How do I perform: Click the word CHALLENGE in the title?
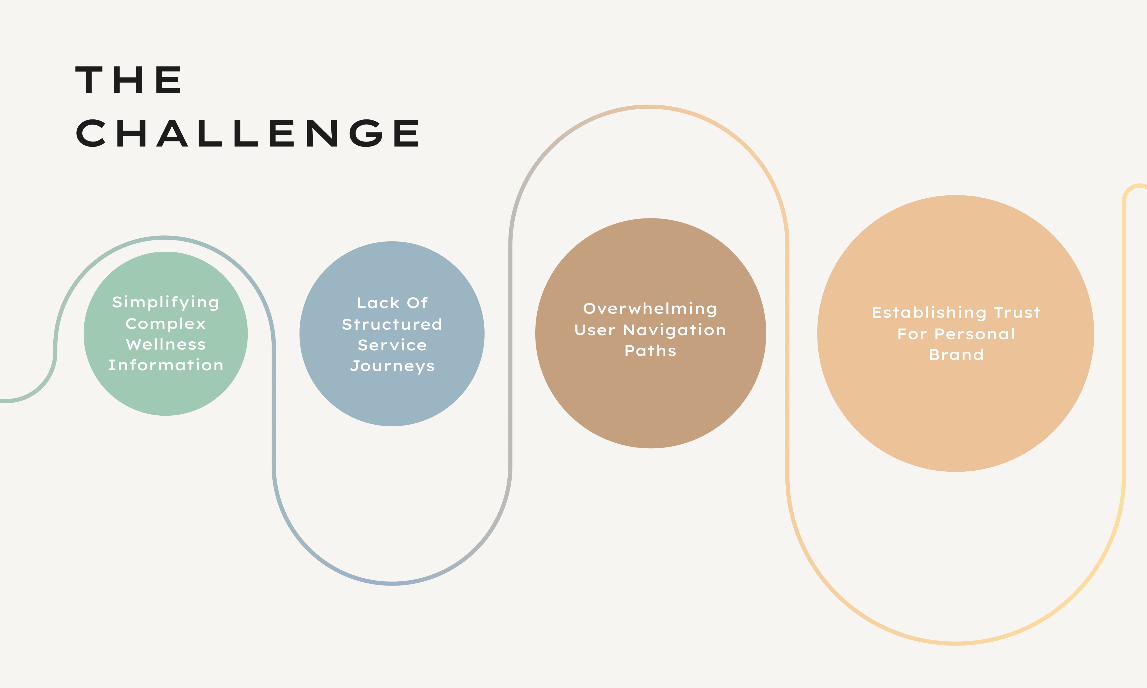pos(248,134)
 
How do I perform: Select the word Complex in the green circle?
pos(165,324)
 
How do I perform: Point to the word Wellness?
pos(165,345)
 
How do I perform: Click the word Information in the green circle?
pos(165,365)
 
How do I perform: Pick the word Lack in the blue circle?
pos(378,303)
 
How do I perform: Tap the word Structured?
pos(392,325)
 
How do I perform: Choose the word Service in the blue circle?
pos(392,345)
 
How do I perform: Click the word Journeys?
pos(392,366)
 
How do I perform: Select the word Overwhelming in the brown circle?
pos(650,309)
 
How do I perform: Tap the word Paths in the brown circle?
pos(650,351)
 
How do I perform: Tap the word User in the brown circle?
pos(595,330)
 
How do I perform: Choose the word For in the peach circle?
pos(912,334)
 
